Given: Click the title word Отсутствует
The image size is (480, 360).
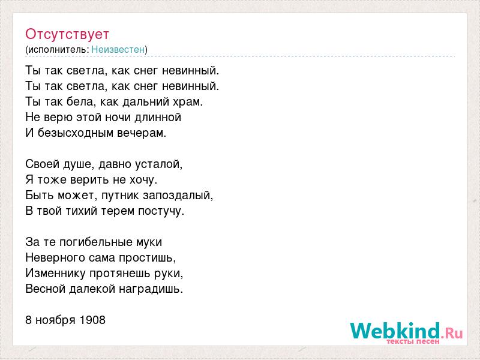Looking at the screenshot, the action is pyautogui.click(x=67, y=34).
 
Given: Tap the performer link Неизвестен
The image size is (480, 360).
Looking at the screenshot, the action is pyautogui.click(x=118, y=49).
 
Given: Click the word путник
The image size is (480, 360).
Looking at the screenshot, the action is pyautogui.click(x=121, y=196).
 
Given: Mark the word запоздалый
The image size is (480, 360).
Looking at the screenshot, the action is pyautogui.click(x=178, y=196).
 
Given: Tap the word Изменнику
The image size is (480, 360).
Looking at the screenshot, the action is pyautogui.click(x=55, y=274).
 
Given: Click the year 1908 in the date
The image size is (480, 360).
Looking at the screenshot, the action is pyautogui.click(x=92, y=320).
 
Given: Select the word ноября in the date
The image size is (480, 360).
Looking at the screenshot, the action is pyautogui.click(x=56, y=320).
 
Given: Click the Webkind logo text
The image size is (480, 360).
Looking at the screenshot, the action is pyautogui.click(x=395, y=331).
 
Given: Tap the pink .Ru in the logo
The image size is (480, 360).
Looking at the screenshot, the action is pyautogui.click(x=452, y=333).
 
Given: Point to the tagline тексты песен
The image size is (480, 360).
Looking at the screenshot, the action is pyautogui.click(x=413, y=341).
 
